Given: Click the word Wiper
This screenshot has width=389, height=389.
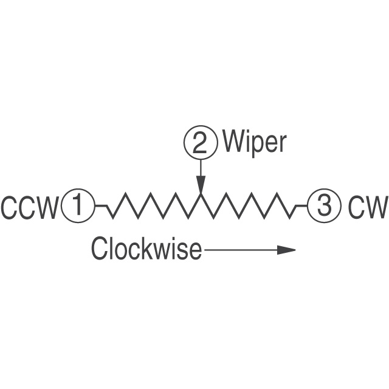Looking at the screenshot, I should coord(253,142).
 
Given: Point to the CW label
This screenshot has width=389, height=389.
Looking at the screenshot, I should coord(367,208).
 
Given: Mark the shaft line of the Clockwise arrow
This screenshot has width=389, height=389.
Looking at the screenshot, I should coord(240,250).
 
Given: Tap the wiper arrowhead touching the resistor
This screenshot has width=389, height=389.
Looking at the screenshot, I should coord(201,185).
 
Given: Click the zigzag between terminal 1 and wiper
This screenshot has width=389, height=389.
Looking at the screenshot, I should coord(152,206).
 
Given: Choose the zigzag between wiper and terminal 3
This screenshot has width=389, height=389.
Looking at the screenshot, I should coord(249,206).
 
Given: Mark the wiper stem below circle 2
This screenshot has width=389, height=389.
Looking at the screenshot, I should coord(201,167).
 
